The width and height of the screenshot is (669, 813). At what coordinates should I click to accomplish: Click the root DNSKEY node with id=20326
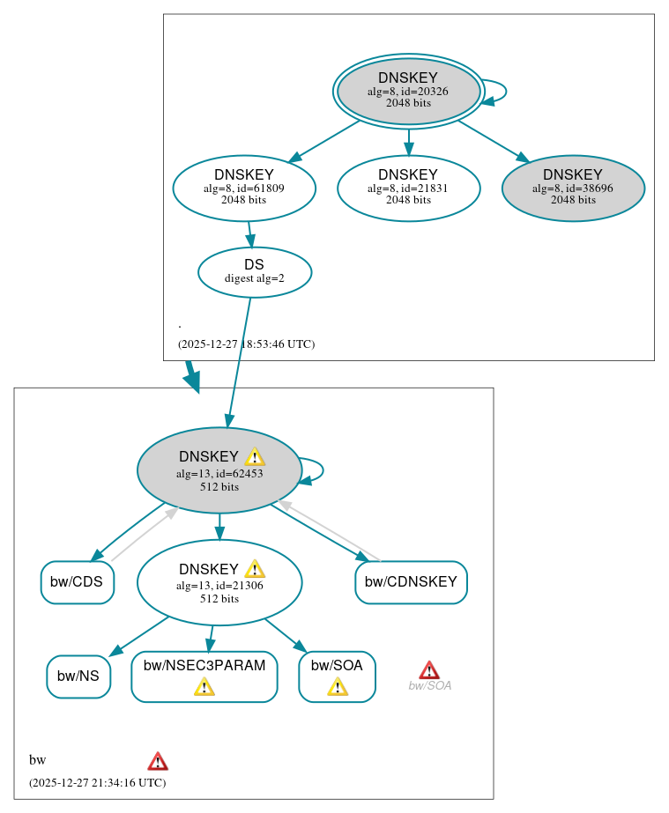pos(408,91)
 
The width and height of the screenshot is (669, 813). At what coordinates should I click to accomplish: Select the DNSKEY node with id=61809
pos(244,188)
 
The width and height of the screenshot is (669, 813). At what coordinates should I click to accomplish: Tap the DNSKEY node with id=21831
pos(408,188)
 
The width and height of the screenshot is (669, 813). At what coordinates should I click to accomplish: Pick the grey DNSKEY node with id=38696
pos(573,188)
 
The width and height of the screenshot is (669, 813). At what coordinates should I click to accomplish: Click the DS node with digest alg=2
pos(255,271)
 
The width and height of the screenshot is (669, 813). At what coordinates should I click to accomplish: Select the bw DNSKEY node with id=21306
pos(219,582)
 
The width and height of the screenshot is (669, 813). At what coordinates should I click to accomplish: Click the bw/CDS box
pos(77,581)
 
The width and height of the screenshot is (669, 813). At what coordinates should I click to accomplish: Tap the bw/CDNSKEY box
pos(411,581)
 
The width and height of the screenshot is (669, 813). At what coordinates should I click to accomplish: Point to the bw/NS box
pos(78,676)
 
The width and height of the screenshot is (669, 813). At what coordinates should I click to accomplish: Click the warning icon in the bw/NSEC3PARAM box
pos(204,687)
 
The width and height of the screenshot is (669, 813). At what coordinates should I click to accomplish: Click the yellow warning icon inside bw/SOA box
pos(338,687)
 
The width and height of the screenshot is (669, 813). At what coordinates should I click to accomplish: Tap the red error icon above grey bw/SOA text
pos(429,670)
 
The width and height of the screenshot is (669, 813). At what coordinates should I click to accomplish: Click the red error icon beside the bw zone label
pos(158,761)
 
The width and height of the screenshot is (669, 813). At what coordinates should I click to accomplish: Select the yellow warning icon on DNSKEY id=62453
pos(255,456)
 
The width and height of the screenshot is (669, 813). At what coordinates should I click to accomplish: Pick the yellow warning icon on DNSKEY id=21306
pos(255,569)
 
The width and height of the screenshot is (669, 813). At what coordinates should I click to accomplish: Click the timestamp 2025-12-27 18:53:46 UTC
pos(246,344)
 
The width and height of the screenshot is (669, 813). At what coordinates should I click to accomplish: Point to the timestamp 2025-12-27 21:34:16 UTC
pos(97,782)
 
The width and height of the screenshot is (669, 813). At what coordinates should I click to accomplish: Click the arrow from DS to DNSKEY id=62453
pos(239,361)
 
